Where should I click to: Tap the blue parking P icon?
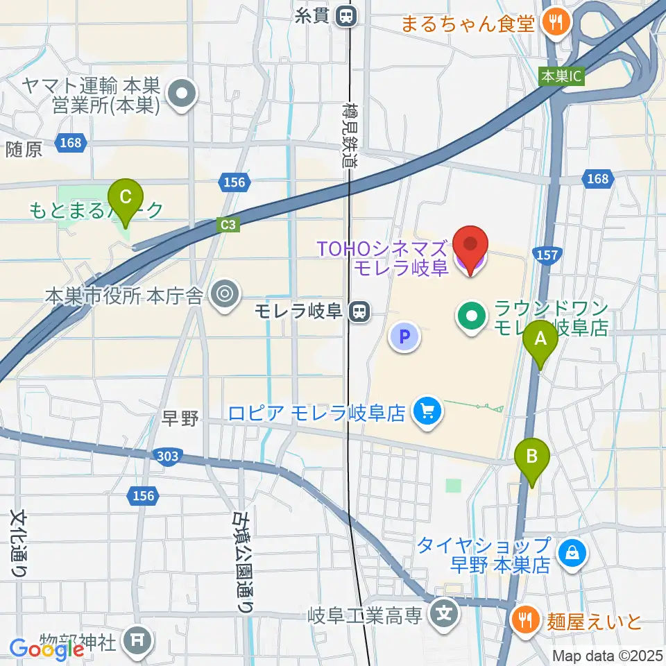click(406, 338)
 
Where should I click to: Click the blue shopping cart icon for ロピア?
click(426, 413)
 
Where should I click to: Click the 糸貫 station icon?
click(345, 15)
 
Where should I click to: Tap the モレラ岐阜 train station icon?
click(359, 311)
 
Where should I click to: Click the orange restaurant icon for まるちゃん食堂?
click(555, 23)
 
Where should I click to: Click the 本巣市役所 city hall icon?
click(224, 295)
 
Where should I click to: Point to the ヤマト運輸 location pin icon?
click(182, 96)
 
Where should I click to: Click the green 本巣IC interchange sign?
click(561, 76)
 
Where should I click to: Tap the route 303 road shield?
click(168, 456)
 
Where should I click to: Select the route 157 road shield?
click(547, 255)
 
